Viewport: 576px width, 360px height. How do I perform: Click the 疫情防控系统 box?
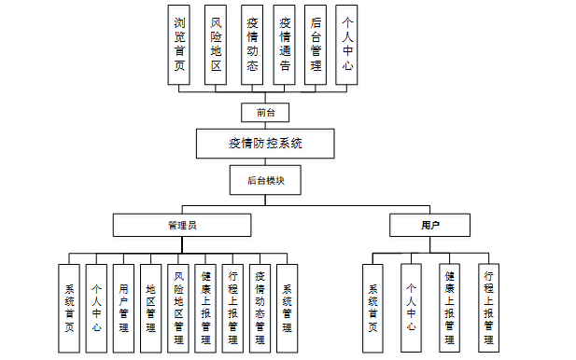pyautogui.click(x=266, y=144)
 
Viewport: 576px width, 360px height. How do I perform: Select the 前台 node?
pyautogui.click(x=266, y=112)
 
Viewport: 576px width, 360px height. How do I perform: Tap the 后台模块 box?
pyautogui.click(x=266, y=180)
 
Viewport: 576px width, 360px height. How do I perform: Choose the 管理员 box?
pyautogui.click(x=182, y=226)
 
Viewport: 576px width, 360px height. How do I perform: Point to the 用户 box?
pyautogui.click(x=429, y=226)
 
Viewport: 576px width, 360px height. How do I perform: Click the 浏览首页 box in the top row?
pyautogui.click(x=182, y=45)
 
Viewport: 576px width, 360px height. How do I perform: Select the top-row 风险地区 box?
pyautogui.click(x=216, y=45)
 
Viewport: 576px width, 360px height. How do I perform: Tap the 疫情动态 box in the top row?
pyautogui.click(x=250, y=45)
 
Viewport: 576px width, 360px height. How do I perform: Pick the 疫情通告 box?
pyautogui.click(x=284, y=45)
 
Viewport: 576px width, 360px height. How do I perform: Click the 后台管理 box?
pyautogui.click(x=316, y=45)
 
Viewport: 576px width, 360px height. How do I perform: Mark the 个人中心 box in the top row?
pyautogui.click(x=348, y=45)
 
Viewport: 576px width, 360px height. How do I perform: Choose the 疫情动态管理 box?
pyautogui.click(x=260, y=308)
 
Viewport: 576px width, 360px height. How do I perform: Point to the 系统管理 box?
pyautogui.click(x=288, y=308)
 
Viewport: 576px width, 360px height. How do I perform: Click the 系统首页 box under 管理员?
pyautogui.click(x=69, y=308)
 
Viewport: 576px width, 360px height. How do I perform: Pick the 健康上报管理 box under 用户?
pyautogui.click(x=449, y=308)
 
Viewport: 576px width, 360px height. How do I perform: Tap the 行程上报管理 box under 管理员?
pyautogui.click(x=233, y=308)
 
